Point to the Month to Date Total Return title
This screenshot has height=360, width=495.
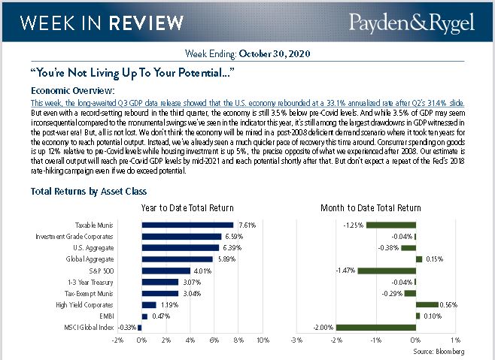pyautogui.click(x=369, y=208)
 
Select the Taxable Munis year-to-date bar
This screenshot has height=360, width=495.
pyautogui.click(x=187, y=225)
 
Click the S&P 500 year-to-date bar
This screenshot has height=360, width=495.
pyautogui.click(x=166, y=271)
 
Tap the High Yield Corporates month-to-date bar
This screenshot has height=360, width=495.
pyautogui.click(x=427, y=304)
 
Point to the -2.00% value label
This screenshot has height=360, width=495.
pyautogui.click(x=323, y=328)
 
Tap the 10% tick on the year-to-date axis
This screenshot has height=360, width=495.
pyautogui.click(x=263, y=340)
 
